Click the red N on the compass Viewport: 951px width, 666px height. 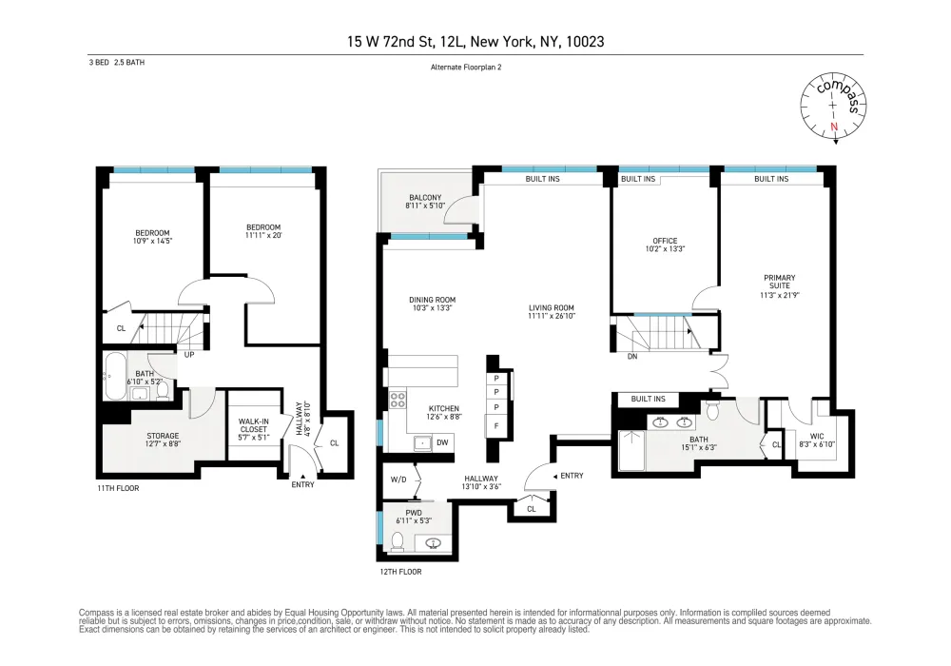tap(834, 127)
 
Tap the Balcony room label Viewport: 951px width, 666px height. tap(425, 202)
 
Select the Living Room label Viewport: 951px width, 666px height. tap(552, 312)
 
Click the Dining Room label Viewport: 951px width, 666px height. tap(433, 304)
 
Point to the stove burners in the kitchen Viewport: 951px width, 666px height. tap(398, 399)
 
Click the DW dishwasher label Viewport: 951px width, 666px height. tap(443, 442)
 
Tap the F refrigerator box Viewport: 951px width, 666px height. tap(496, 426)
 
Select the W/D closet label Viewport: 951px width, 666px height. tap(398, 480)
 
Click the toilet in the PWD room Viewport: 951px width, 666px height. tap(398, 541)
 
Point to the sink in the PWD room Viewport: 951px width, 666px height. tap(433, 543)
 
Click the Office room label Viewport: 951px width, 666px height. tap(665, 245)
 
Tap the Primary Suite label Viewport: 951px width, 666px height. tap(780, 286)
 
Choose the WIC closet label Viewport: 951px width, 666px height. tap(817, 440)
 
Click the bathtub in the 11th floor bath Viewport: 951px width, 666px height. tap(115, 377)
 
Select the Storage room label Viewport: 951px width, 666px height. tap(164, 440)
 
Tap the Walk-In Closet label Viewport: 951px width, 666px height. tap(254, 429)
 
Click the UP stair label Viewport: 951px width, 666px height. tap(189, 354)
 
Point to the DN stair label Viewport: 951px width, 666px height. tap(632, 357)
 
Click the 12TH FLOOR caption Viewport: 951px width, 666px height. tap(401, 572)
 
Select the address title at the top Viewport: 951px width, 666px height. tap(475, 41)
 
